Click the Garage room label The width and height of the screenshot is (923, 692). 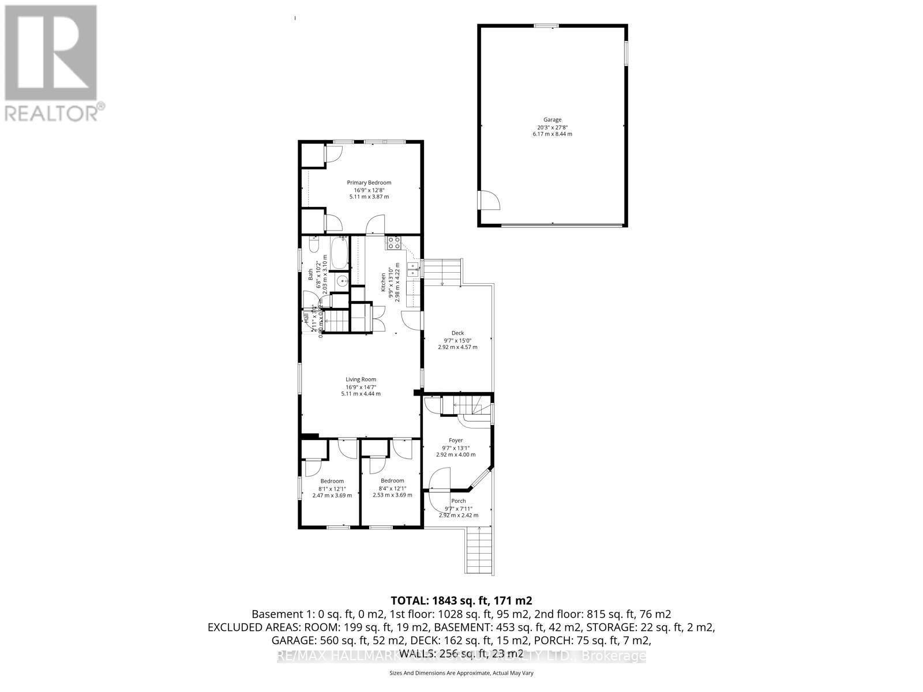(x=552, y=120)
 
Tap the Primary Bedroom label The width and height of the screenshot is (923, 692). (x=369, y=183)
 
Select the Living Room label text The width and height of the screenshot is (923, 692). (x=361, y=379)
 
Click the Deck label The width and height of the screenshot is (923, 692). (x=457, y=333)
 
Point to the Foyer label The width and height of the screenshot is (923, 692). (x=456, y=441)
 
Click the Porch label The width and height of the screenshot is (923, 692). (x=459, y=501)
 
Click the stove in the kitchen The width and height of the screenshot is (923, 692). (x=393, y=243)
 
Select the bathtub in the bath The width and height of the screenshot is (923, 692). (x=339, y=254)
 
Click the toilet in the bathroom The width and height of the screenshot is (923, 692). (x=313, y=247)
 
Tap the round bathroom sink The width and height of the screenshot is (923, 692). (x=342, y=282)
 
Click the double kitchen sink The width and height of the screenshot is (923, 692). (x=413, y=269)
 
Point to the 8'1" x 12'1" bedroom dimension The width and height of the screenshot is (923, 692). (x=332, y=488)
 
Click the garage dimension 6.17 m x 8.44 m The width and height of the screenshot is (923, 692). (x=552, y=134)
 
